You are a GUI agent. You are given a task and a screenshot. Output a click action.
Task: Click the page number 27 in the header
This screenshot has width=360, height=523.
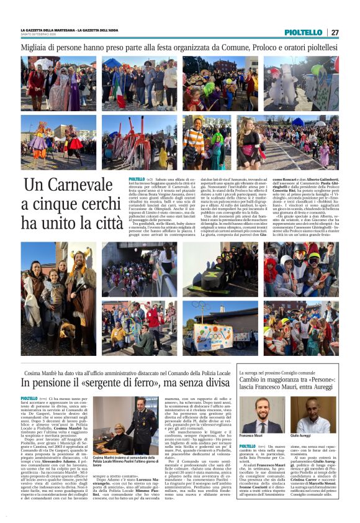click(335, 32)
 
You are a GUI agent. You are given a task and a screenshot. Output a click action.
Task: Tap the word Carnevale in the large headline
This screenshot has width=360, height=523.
click(69, 184)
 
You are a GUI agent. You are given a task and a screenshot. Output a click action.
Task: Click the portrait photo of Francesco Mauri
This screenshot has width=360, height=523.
click(269, 416)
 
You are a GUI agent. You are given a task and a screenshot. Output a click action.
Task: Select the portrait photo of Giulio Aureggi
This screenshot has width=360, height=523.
click(313, 416)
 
